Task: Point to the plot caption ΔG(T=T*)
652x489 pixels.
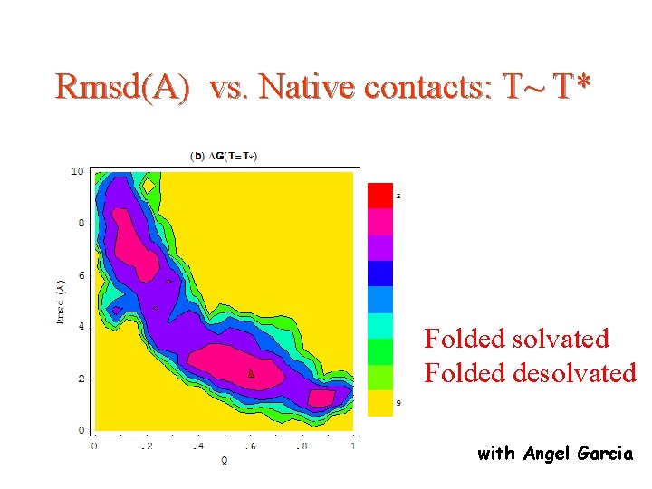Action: tap(224, 156)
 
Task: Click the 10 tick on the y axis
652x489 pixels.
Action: tap(78, 171)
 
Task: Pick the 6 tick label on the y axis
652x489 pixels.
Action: tap(81, 275)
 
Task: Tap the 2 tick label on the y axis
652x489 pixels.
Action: tap(81, 379)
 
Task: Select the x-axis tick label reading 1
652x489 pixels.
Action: tap(352, 446)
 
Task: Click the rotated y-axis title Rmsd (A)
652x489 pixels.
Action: tap(61, 301)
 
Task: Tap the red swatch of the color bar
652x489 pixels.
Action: tap(379, 195)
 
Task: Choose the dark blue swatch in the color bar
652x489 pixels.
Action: tap(379, 273)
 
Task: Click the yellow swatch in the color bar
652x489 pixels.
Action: tap(379, 403)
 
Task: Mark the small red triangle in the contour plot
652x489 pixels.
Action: tap(252, 372)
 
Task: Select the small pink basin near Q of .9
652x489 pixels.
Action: tap(321, 397)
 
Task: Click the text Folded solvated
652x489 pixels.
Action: tap(517, 339)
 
